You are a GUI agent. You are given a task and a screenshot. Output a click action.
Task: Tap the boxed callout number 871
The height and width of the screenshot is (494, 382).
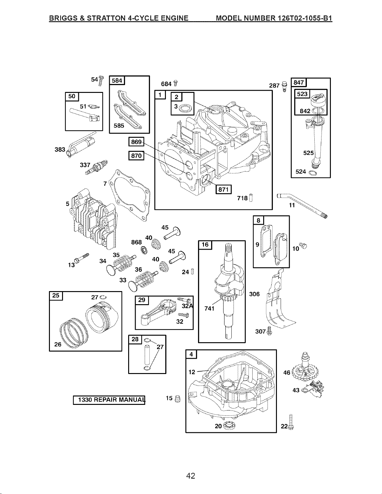click(224, 189)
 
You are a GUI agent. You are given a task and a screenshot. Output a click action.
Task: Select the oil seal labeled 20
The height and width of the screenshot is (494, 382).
click(230, 425)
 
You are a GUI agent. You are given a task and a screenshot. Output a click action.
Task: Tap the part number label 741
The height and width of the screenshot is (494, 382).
click(210, 308)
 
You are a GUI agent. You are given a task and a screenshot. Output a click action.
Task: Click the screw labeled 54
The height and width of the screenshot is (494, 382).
click(101, 81)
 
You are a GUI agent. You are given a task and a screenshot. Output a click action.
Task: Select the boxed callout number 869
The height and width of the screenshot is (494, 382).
click(136, 142)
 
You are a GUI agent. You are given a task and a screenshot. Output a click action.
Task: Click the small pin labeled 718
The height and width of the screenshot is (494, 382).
click(251, 198)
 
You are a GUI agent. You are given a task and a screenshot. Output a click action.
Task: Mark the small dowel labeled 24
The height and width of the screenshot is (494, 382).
click(193, 271)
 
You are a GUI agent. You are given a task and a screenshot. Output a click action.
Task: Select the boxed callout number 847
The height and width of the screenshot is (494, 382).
click(299, 82)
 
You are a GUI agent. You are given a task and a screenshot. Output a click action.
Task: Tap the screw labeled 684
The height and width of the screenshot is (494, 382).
click(175, 84)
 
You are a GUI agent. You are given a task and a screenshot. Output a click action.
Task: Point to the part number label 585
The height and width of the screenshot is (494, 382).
click(119, 126)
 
